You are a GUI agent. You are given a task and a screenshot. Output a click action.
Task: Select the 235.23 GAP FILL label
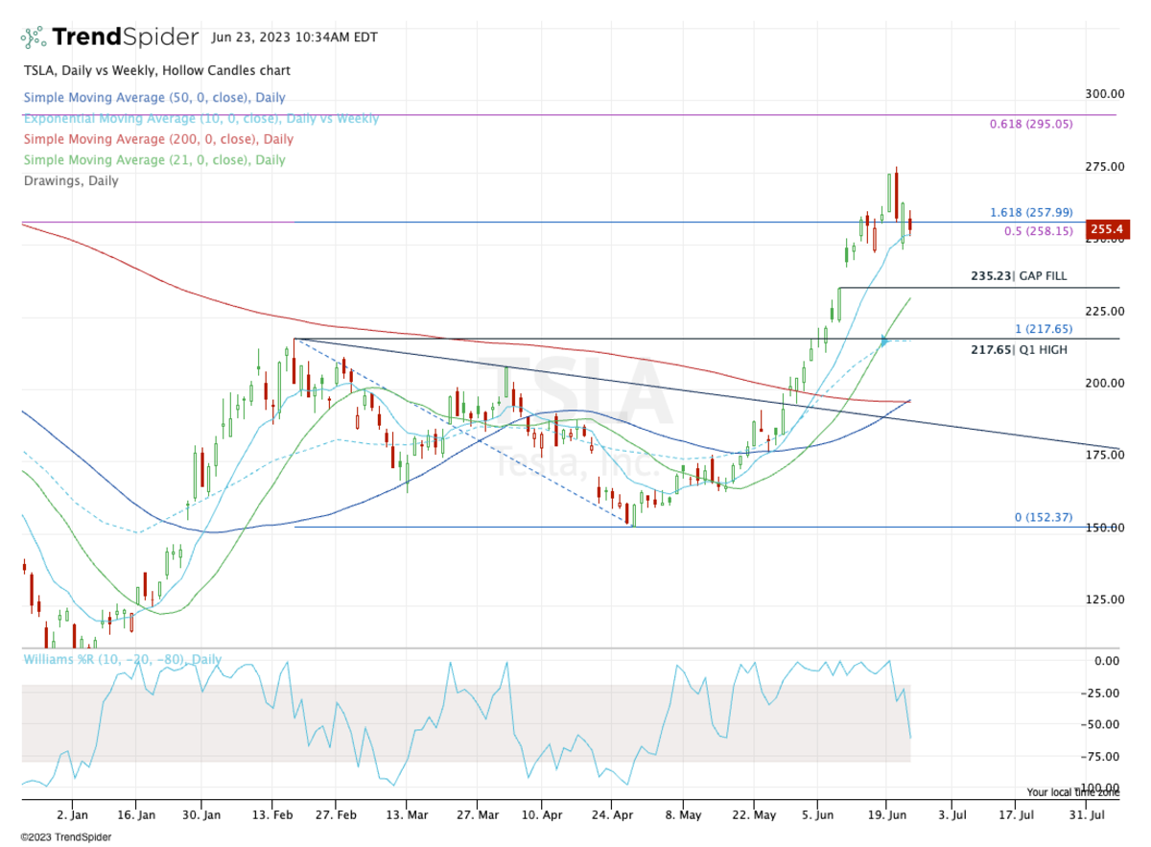click(1019, 276)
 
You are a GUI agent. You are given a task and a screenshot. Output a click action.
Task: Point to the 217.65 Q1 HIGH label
click(1019, 350)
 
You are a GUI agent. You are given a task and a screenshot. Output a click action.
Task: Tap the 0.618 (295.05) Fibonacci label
click(1031, 125)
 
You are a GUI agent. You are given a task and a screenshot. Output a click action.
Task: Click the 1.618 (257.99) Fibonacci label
click(1031, 213)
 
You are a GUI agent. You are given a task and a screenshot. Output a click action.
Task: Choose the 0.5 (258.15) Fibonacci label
click(1038, 231)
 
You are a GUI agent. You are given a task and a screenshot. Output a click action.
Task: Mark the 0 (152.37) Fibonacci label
click(1043, 518)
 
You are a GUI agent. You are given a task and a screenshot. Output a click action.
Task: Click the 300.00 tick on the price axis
click(1105, 94)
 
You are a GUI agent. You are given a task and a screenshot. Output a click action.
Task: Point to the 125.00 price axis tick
click(1105, 600)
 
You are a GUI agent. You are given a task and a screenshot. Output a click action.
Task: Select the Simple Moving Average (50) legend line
click(154, 98)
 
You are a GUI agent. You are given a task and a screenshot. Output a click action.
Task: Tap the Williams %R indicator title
click(122, 660)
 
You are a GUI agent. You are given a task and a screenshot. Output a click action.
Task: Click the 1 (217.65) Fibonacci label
click(1044, 329)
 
